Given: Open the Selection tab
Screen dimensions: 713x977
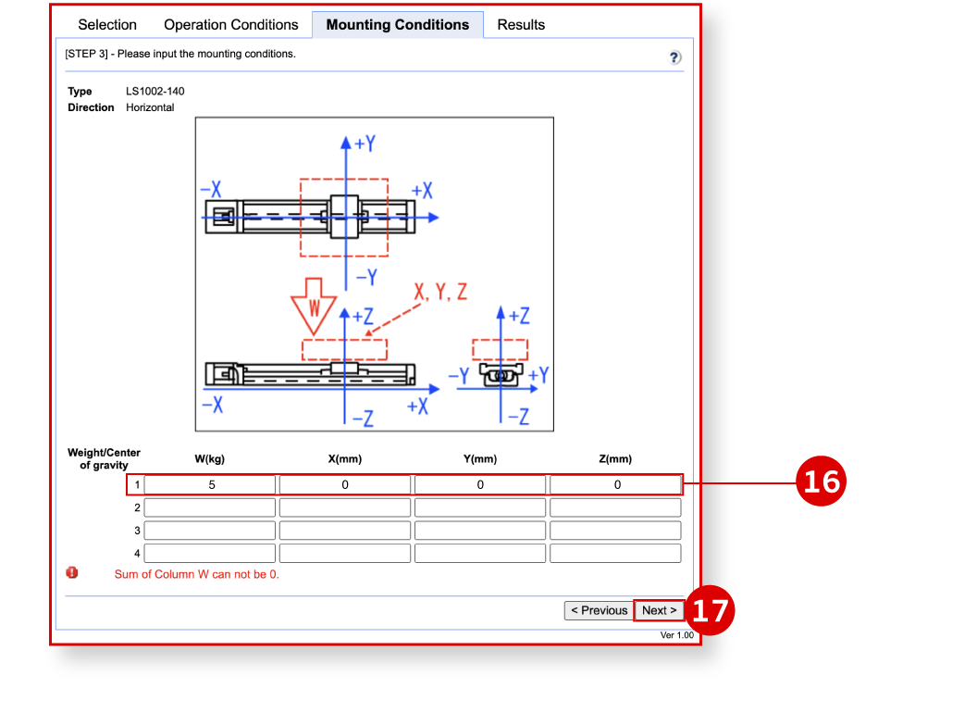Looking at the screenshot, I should (107, 25).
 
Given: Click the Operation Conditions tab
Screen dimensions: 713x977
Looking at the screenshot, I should (231, 25).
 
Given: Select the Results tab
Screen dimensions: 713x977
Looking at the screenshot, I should (521, 25).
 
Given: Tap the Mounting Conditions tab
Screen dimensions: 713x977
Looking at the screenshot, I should (398, 25).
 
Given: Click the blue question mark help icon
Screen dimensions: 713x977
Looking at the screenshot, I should (675, 57).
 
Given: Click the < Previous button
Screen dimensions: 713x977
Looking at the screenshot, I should (599, 610).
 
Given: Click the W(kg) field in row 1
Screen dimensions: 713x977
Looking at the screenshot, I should (210, 484).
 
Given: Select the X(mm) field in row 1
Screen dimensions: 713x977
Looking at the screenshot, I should (345, 484).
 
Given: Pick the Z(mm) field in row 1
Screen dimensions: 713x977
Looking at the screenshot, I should (615, 484).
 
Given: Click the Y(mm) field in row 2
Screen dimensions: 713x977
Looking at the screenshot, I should (480, 507).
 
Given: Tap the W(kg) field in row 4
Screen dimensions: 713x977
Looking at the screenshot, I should (210, 554).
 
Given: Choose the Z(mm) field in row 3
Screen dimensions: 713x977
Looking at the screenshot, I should (615, 531).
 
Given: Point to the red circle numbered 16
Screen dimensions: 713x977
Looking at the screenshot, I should (822, 482).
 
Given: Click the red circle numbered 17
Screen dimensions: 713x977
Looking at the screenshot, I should (711, 610).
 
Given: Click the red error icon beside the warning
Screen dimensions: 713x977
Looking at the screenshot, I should (72, 573).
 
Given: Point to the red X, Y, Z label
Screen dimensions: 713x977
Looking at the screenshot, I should (440, 293).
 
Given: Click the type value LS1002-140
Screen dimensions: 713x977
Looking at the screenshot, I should (155, 92).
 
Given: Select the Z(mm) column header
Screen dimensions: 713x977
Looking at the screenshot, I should (615, 459).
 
